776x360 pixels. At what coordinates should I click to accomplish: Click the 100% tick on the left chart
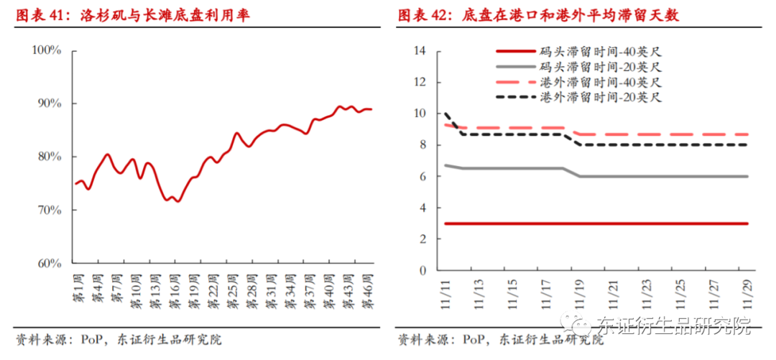[47, 50]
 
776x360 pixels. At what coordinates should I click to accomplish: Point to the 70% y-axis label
[49, 210]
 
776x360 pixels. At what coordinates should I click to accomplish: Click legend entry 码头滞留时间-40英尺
[600, 51]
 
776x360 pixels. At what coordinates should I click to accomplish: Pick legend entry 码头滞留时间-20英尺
[600, 66]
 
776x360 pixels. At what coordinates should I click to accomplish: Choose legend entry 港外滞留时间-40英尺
[600, 82]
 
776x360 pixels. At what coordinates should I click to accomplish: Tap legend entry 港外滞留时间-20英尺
[600, 97]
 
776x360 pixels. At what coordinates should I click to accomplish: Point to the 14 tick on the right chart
[420, 50]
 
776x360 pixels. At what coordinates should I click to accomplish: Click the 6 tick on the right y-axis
[423, 176]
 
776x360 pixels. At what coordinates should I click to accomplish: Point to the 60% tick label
[49, 263]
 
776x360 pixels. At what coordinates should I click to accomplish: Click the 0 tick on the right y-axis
[423, 270]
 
